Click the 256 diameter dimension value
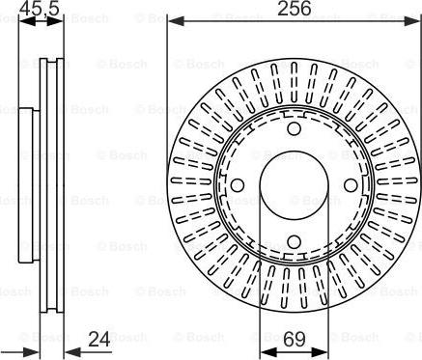click(295, 9)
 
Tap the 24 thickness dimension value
click(99, 339)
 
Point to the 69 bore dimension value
click(295, 339)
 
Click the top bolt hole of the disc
click(294, 128)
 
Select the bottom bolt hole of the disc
click(294, 241)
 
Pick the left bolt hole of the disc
click(238, 185)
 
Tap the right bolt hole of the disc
click(351, 185)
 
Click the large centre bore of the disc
click(294, 184)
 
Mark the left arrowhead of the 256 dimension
click(176, 21)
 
